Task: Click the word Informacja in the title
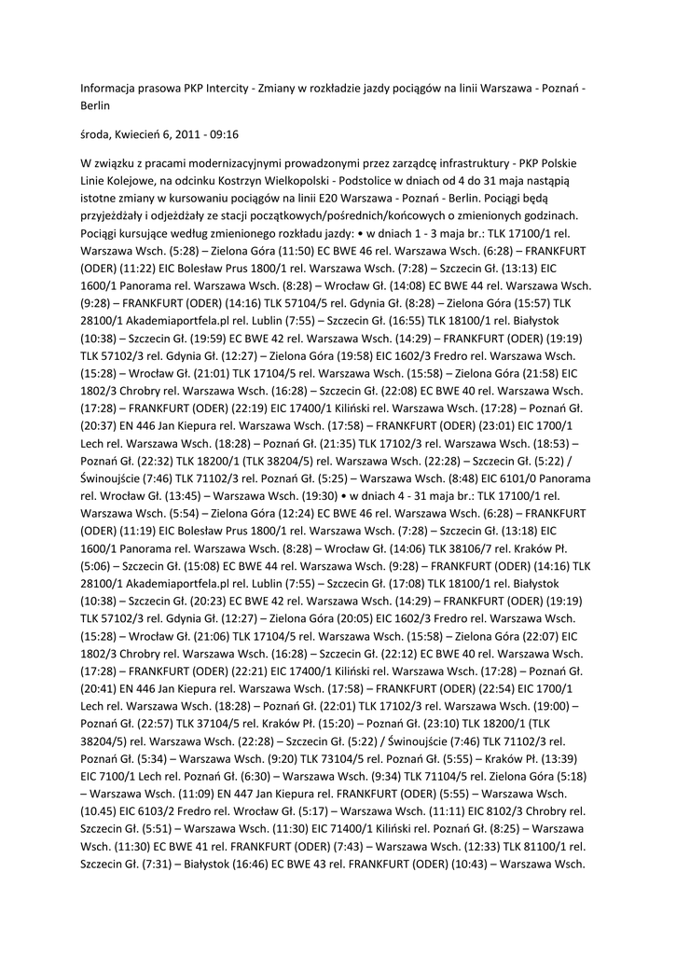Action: click(111, 89)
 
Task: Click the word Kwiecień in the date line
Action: click(144, 134)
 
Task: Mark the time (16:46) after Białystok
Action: click(246, 863)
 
